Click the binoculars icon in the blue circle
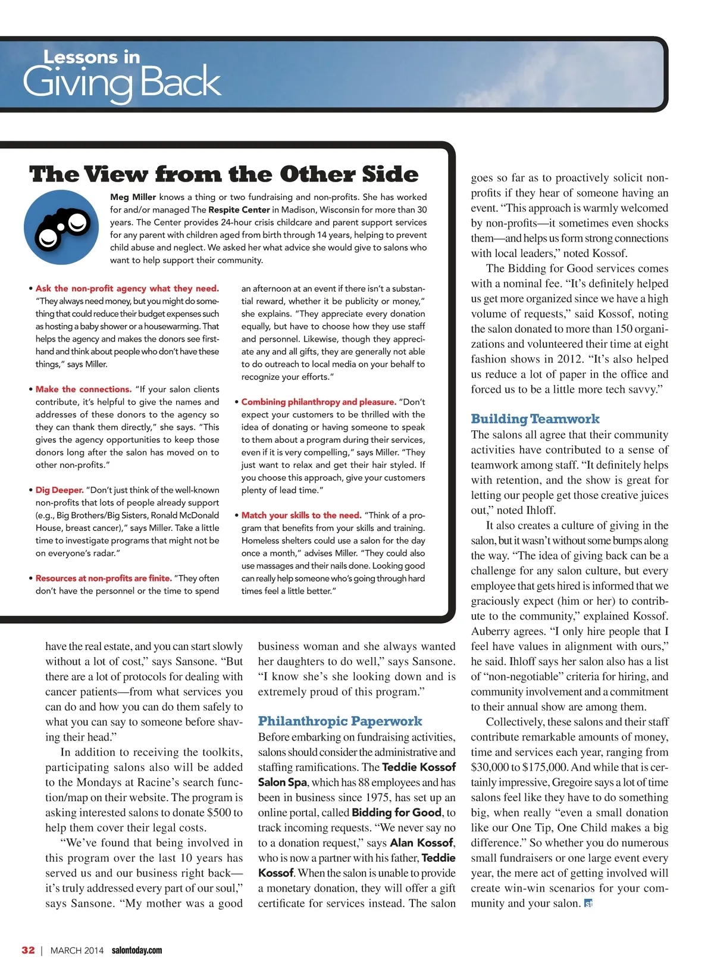(61, 228)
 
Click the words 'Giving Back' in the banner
(122, 82)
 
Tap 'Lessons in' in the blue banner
(92, 57)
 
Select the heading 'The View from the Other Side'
(224, 174)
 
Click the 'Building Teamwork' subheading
(535, 418)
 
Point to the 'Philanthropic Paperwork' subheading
(340, 721)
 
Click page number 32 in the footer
(28, 950)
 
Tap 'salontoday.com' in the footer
(137, 951)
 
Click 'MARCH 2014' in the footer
(77, 951)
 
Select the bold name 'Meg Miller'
(133, 197)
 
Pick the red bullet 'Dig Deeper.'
(59, 490)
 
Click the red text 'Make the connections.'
(83, 389)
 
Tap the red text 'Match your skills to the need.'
(301, 515)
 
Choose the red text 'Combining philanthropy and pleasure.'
(318, 402)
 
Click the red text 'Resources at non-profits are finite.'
(104, 578)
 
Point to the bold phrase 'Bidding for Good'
(396, 812)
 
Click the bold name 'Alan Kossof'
(421, 843)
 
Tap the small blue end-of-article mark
(588, 904)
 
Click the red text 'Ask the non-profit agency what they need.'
(127, 289)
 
